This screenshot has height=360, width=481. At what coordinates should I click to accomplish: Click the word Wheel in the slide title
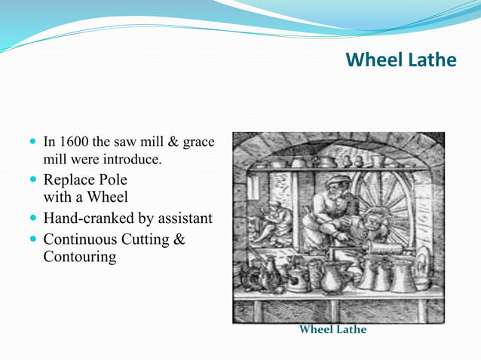[372, 59]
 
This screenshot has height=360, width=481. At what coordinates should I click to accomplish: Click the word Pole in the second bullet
[110, 180]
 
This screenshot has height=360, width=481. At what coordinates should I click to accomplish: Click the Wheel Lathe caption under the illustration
[332, 330]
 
